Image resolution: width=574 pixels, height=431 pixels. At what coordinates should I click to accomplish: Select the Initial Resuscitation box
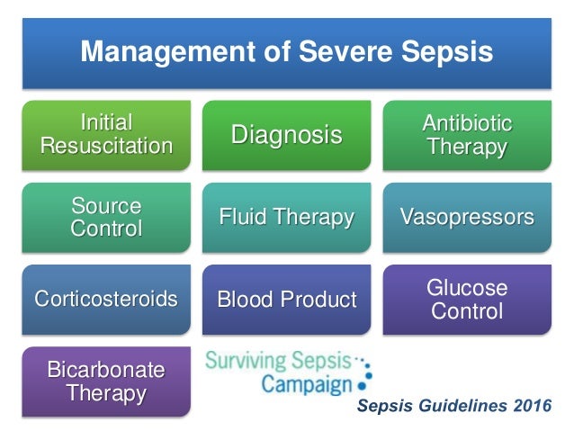click(106, 134)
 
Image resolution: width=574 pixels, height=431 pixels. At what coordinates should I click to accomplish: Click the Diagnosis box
click(287, 135)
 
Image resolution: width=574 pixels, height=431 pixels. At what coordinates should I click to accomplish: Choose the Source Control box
click(106, 217)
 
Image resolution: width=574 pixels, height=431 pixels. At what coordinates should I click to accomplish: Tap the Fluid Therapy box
click(287, 217)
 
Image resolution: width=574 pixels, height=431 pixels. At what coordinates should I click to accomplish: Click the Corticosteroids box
click(106, 299)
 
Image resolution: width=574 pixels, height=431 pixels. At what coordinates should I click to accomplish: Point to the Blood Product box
click(287, 299)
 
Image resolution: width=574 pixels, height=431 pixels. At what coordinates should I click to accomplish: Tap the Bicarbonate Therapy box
click(106, 382)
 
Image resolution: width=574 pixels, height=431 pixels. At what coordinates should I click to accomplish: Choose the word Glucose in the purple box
click(468, 289)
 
